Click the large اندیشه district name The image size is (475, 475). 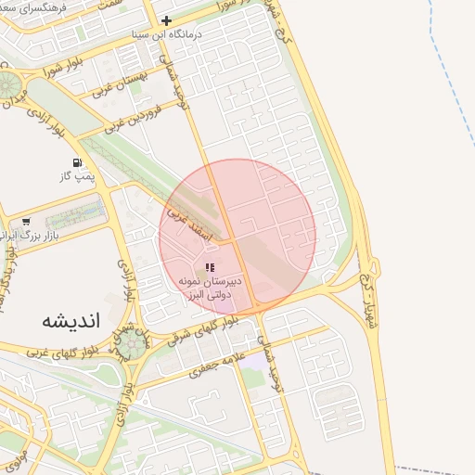(x=71, y=320)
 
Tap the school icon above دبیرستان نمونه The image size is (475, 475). (x=209, y=267)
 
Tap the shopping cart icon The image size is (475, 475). (x=26, y=222)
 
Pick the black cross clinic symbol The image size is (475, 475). (x=166, y=20)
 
